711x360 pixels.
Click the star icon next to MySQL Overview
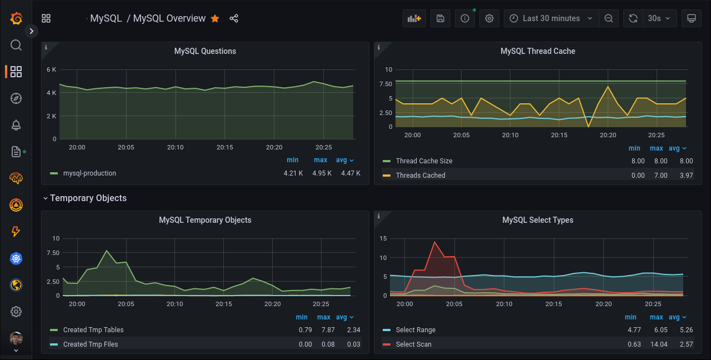click(x=215, y=18)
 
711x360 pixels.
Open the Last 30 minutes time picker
click(x=551, y=18)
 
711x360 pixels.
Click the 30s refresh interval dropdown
click(x=659, y=18)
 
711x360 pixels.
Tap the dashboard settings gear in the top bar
click(x=489, y=18)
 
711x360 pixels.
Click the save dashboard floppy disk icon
click(x=440, y=18)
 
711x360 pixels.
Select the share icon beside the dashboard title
click(x=234, y=18)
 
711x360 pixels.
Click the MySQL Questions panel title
click(x=205, y=51)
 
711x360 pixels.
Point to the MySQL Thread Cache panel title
click(x=538, y=51)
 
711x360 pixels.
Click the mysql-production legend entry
click(x=89, y=173)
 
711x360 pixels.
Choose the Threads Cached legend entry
click(x=420, y=176)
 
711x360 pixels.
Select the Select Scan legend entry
click(x=413, y=344)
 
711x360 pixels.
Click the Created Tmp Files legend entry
click(x=91, y=344)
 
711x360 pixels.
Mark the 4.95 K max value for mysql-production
click(x=322, y=173)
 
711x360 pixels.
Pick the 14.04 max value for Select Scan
click(x=657, y=344)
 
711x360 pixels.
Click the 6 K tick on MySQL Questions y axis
click(x=51, y=70)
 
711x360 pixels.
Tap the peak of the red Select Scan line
click(x=434, y=242)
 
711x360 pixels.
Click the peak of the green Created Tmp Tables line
click(x=107, y=251)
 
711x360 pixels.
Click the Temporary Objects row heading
click(x=88, y=198)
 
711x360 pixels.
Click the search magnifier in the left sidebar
click(x=16, y=45)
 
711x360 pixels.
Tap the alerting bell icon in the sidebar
click(x=16, y=125)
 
